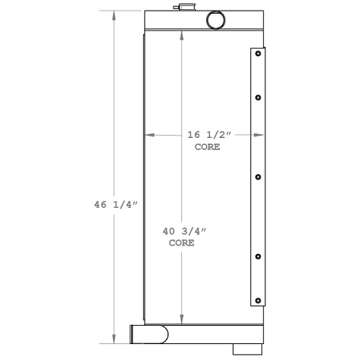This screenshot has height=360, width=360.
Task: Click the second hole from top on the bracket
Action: (258, 97)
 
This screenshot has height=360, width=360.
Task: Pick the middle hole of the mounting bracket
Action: (258, 177)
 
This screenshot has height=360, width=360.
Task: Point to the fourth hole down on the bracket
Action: (258, 256)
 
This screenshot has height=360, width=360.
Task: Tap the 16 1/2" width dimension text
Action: (208, 135)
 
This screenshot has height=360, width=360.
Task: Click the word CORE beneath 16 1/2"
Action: (208, 147)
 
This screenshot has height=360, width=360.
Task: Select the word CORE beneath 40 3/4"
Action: (181, 243)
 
